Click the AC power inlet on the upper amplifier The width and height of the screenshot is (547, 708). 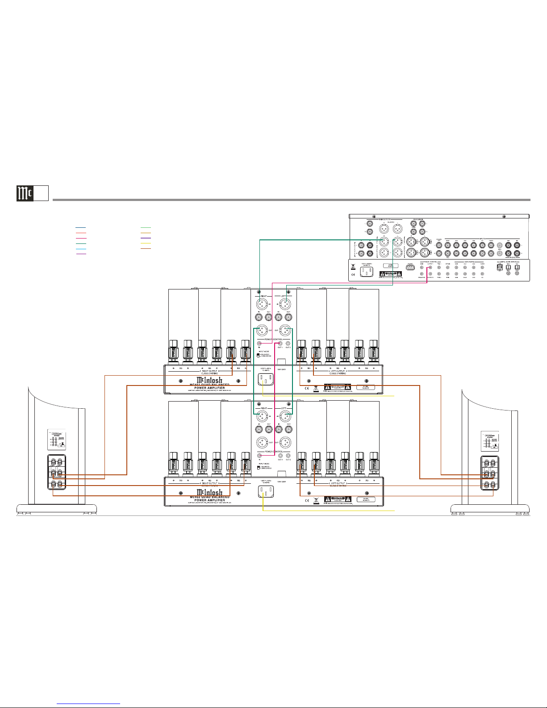tap(266, 379)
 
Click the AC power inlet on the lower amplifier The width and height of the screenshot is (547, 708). tap(266, 491)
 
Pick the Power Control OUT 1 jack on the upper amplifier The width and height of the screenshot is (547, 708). tap(280, 344)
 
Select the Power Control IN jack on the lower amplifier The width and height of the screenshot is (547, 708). tap(259, 456)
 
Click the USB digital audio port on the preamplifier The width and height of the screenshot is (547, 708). tap(500, 268)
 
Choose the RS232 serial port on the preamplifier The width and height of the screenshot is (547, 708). tap(410, 268)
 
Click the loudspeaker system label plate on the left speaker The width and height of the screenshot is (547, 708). tap(57, 439)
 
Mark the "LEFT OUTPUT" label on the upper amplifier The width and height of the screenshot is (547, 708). tap(337, 371)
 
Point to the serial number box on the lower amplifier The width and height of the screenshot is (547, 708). tap(366, 499)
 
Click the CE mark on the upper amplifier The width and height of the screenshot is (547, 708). tap(307, 388)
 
